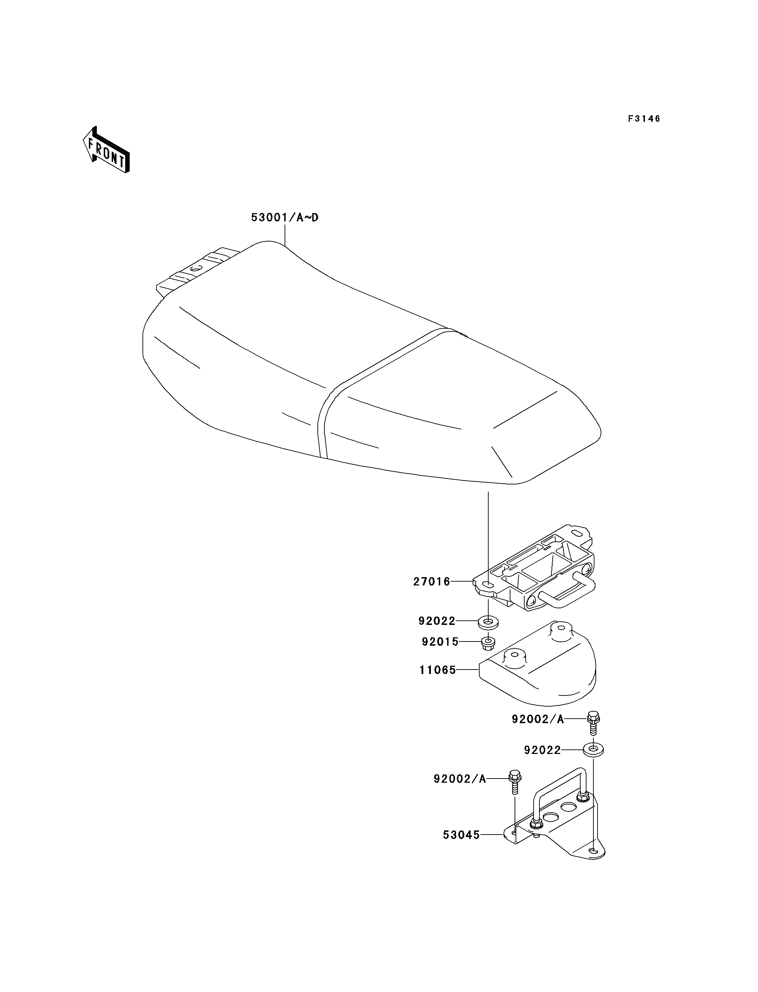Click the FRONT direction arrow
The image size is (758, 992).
pos(106,150)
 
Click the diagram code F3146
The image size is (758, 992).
pos(644,119)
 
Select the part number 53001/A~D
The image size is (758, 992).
pos(285,218)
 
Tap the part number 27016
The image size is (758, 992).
pos(432,582)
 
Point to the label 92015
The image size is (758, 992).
pos(440,641)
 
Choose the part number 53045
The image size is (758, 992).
pos(461,835)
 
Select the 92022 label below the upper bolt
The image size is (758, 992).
pos(542,750)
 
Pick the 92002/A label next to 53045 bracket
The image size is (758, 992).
pos(460,779)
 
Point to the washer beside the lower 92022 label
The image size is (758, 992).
pos(594,750)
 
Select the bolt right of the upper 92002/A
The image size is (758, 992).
pos(593,723)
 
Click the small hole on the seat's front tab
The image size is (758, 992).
pos(195,269)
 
